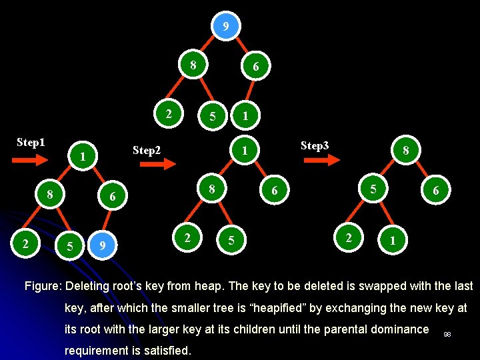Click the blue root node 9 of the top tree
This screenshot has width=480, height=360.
[226, 27]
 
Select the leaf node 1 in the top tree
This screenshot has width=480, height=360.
[245, 116]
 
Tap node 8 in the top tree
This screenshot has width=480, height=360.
[193, 65]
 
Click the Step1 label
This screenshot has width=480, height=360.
[31, 143]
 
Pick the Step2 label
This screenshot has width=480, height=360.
[147, 151]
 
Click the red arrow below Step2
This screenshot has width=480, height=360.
[159, 166]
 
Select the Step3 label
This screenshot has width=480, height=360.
[315, 145]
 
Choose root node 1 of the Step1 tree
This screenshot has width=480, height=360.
[81, 157]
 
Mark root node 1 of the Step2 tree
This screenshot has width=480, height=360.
[245, 151]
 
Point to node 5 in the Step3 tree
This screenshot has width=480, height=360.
[373, 190]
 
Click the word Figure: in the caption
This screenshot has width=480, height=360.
[43, 287]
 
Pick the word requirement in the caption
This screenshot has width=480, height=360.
[97, 351]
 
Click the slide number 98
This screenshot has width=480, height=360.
[447, 333]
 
